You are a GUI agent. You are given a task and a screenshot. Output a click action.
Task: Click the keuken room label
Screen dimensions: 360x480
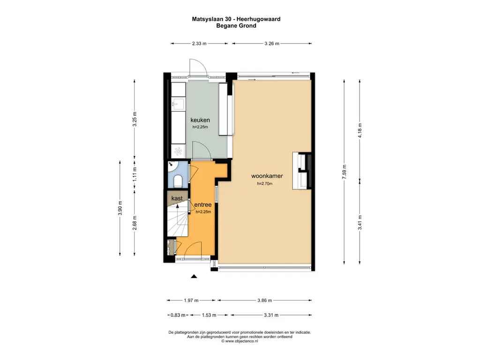200,120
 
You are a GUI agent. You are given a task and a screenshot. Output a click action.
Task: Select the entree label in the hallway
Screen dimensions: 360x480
203,205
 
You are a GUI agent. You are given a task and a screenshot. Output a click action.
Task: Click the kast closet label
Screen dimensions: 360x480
177,199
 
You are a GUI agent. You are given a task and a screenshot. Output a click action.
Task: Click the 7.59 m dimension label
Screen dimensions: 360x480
344,169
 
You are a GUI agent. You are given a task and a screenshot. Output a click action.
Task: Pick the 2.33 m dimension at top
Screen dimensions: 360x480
199,44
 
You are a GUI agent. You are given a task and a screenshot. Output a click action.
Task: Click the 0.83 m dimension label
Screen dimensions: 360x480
178,315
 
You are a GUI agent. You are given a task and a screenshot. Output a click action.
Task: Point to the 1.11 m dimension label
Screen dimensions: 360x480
135,174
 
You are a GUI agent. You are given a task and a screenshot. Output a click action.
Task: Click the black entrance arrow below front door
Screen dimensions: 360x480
194,277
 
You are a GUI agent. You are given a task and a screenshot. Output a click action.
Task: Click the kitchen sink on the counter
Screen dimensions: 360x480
179,103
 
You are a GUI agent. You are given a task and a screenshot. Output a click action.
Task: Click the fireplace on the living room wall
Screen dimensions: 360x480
301,171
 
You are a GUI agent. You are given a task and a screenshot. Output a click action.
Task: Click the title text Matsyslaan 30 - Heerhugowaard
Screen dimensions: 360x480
236,19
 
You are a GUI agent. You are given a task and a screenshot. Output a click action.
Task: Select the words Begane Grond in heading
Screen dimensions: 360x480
236,26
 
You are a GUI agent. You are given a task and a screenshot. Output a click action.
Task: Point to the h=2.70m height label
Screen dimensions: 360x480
264,184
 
